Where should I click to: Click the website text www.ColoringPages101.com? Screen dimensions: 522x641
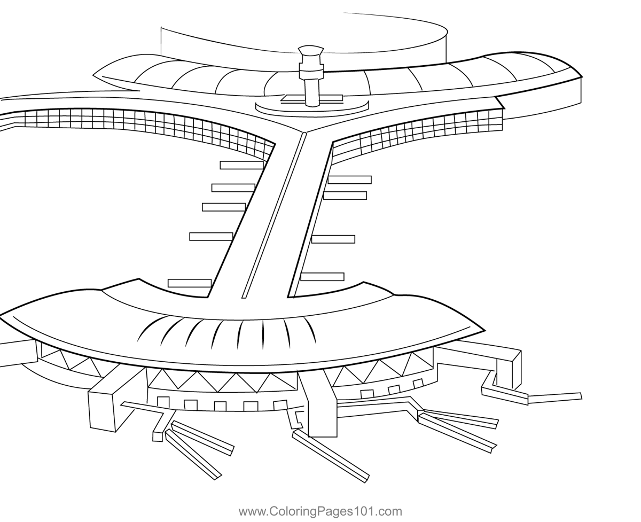pyautogui.click(x=320, y=511)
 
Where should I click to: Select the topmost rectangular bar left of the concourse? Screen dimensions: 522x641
pyautogui.click(x=241, y=165)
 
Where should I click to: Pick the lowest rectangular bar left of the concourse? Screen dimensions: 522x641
pyautogui.click(x=190, y=283)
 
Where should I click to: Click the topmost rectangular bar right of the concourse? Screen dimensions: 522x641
pyautogui.click(x=350, y=180)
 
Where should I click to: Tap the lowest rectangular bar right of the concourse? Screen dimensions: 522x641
pyautogui.click(x=322, y=277)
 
